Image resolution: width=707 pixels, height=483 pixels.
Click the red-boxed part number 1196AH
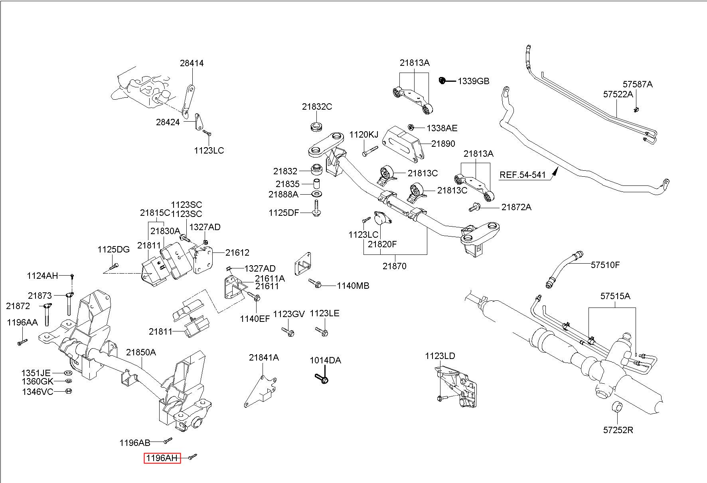[x=162, y=458]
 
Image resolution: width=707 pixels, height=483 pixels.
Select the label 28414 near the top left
[x=192, y=63]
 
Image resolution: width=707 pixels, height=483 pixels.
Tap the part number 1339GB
[x=473, y=81]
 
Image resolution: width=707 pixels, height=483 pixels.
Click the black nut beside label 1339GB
[x=442, y=81]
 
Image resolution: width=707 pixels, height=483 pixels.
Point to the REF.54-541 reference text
[x=522, y=175]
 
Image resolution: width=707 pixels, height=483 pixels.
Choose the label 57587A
[x=638, y=85]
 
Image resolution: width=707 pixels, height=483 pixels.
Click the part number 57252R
[x=618, y=430]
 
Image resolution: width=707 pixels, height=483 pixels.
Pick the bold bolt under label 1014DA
[x=322, y=379]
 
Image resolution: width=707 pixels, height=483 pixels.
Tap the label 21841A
[x=264, y=358]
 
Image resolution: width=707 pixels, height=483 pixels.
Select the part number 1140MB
[x=353, y=286]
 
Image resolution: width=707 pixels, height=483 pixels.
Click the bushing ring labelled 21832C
[x=317, y=127]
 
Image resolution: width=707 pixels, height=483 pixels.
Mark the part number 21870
[x=394, y=266]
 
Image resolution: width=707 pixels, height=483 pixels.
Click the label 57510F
[x=605, y=265]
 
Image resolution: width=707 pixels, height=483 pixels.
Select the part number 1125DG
[x=113, y=250]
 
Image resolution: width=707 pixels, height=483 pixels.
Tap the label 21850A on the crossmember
[x=141, y=353]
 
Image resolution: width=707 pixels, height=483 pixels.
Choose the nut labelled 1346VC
[x=68, y=391]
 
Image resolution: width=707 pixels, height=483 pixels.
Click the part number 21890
[x=443, y=144]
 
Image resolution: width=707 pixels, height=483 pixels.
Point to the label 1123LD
[x=440, y=356]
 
